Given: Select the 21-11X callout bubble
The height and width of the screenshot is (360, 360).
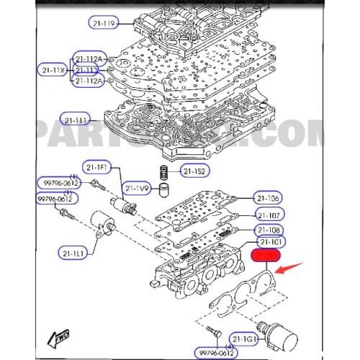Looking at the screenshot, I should coord(52,70).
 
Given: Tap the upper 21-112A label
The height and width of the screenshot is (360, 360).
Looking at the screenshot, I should coord(90,58).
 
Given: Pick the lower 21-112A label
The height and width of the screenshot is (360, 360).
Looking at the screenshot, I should coord(90,81).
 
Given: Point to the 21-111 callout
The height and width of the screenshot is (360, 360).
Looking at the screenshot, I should coord(78,120).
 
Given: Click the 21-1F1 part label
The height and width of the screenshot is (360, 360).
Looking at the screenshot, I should coord(96,167).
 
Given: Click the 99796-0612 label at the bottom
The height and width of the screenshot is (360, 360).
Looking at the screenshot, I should coord(217,352).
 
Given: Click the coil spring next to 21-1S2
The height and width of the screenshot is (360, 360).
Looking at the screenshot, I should coord(165,173).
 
